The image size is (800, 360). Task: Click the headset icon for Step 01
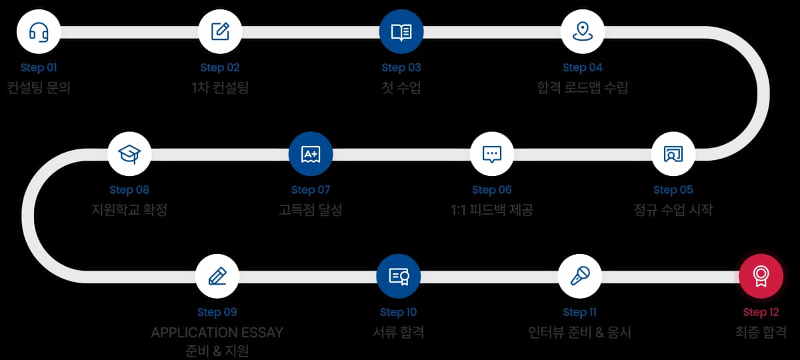click(39, 31)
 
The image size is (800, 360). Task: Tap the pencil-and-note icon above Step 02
click(220, 31)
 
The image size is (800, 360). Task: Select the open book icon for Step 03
click(401, 31)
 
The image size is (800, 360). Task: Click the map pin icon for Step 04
click(583, 31)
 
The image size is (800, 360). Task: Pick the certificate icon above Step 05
click(673, 154)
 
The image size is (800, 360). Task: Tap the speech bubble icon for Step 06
click(492, 154)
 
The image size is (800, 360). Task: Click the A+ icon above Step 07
click(311, 154)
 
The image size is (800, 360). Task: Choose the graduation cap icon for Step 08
click(129, 154)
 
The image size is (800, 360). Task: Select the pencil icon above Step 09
click(217, 276)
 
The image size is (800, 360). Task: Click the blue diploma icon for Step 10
click(399, 276)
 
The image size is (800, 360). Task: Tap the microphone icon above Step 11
click(580, 276)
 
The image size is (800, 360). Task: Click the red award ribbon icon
click(761, 276)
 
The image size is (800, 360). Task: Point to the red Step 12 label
click(761, 312)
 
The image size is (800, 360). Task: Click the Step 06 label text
click(492, 190)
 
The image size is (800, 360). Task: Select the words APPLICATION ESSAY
click(217, 332)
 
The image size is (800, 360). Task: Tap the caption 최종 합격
click(761, 332)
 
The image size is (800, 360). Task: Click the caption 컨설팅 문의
click(39, 87)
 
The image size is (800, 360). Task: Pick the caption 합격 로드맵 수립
click(583, 87)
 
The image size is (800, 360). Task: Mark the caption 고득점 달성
click(311, 210)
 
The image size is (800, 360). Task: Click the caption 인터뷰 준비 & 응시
click(580, 332)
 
